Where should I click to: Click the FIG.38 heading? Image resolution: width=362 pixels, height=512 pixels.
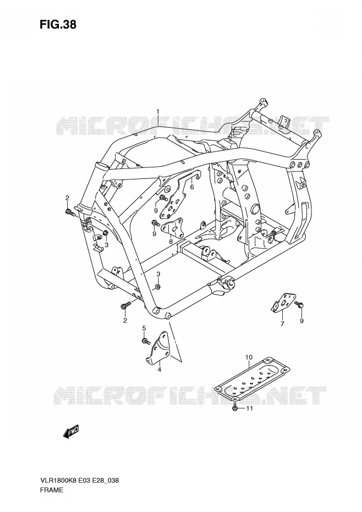58,24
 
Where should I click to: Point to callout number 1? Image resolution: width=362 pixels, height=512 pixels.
158,112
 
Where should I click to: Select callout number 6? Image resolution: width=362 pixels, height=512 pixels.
192,187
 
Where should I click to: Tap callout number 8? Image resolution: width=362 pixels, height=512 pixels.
171,242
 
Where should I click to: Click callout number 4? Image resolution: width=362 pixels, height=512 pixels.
160,369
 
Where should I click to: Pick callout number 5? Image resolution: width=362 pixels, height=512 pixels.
144,328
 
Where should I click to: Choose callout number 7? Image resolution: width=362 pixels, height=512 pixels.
282,324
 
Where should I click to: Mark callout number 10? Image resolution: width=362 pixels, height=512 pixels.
249,357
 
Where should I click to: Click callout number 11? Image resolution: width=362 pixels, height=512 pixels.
249,408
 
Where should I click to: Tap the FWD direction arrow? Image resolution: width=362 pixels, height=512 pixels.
71,432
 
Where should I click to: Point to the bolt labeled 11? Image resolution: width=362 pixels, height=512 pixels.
235,408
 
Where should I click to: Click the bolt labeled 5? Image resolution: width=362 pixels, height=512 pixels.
146,341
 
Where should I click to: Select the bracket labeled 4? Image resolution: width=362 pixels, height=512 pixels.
157,347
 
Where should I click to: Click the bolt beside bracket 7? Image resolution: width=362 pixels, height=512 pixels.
299,304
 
